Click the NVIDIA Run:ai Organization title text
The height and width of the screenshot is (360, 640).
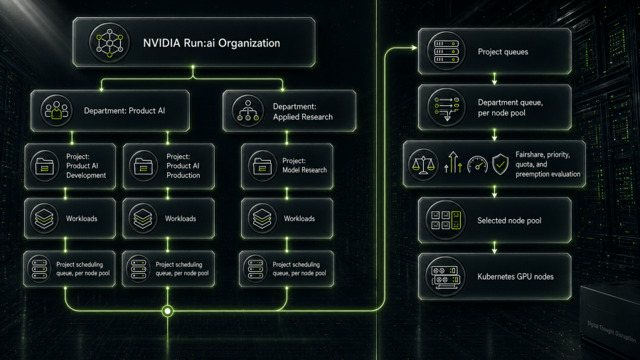(211, 43)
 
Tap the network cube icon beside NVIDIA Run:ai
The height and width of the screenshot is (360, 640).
(110, 43)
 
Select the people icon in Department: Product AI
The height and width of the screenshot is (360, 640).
(56, 110)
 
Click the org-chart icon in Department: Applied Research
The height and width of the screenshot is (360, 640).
(247, 110)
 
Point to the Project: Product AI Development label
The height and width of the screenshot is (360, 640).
(86, 166)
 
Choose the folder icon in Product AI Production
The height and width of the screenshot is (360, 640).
(143, 166)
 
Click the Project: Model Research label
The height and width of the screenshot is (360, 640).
(304, 165)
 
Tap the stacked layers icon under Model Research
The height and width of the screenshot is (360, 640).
(262, 218)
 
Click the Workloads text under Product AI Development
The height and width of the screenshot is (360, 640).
(82, 219)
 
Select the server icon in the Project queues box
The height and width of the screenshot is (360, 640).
(446, 51)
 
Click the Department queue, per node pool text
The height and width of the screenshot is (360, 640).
(510, 107)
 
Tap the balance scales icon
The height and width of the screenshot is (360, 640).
(423, 165)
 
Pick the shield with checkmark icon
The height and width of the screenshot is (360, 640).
(501, 164)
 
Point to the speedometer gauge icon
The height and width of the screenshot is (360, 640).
(478, 165)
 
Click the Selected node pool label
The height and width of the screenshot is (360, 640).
(509, 221)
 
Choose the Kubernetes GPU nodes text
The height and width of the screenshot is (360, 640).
(516, 276)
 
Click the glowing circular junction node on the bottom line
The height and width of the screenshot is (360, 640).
(167, 311)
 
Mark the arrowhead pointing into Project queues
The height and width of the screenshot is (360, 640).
(415, 48)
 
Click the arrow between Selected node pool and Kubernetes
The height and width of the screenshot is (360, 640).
(495, 248)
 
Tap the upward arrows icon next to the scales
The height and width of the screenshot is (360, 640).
(453, 162)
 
